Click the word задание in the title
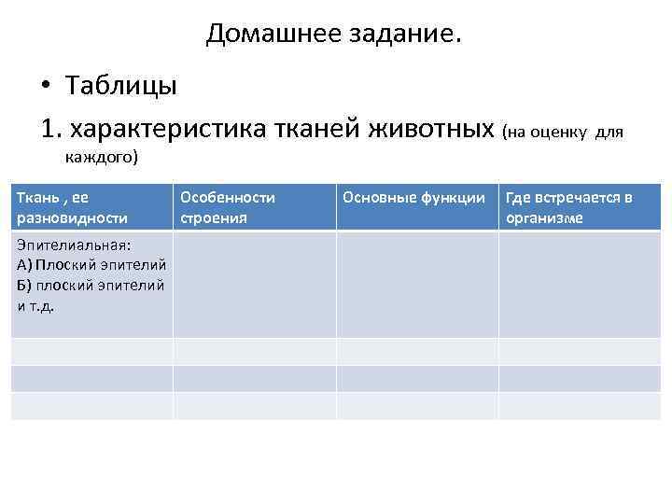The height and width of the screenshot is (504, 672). click(390, 35)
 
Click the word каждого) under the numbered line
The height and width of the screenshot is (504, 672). click(102, 157)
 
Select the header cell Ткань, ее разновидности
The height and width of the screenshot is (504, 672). click(91, 207)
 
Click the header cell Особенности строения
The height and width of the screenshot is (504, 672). click(254, 207)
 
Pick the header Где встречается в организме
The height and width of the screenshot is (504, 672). click(579, 207)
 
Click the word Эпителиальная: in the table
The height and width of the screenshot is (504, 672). click(74, 245)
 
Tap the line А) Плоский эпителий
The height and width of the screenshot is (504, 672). click(91, 264)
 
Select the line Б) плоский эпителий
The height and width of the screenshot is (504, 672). click(91, 285)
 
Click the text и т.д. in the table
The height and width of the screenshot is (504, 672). click(35, 305)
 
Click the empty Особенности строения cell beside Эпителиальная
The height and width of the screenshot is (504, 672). click(254, 285)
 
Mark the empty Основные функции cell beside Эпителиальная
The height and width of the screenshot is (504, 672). click(417, 285)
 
